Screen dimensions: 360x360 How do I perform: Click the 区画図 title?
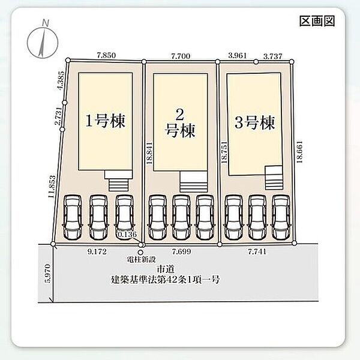[x=317, y=21]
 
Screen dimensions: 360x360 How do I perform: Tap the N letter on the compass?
[x=46, y=23]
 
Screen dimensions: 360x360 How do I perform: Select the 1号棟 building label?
[x=106, y=121]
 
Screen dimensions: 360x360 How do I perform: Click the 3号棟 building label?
[x=254, y=122]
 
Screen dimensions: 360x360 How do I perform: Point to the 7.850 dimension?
[x=106, y=55]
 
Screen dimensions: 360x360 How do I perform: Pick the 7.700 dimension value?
[x=181, y=56]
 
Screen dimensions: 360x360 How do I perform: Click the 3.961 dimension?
[x=238, y=56]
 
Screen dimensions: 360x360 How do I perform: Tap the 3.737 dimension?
[x=272, y=56]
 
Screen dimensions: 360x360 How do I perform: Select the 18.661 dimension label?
[x=299, y=152]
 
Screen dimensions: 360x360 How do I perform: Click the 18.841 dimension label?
[x=149, y=153]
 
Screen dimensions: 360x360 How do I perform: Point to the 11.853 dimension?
[x=52, y=187]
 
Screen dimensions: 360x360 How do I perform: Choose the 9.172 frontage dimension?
[x=97, y=251]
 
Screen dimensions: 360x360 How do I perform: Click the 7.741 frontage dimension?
[x=257, y=251]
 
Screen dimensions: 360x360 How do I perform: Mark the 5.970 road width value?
[x=48, y=274]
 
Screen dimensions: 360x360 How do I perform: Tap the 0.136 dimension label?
[x=127, y=235]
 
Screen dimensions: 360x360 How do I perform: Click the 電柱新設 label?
[x=142, y=259]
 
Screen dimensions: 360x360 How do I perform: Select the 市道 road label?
[x=166, y=268]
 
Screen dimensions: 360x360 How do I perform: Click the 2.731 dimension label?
[x=58, y=116]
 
